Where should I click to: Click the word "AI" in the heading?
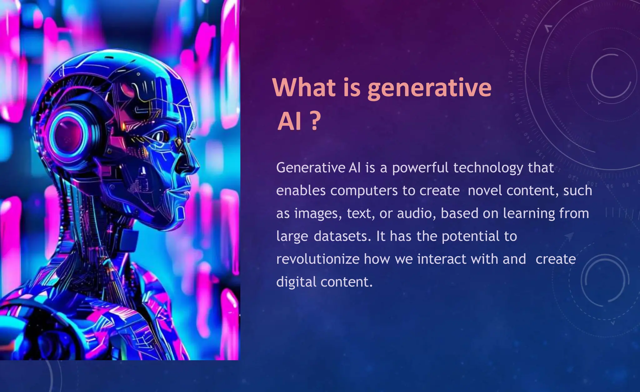click(x=289, y=121)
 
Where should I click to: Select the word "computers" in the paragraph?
click(x=364, y=191)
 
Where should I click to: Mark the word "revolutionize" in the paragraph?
click(x=318, y=259)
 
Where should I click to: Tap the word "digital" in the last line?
click(x=296, y=282)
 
